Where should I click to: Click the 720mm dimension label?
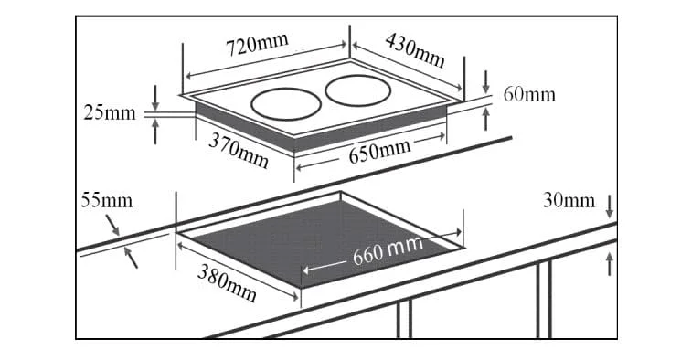pyautogui.click(x=257, y=44)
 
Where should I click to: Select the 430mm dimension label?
pyautogui.click(x=415, y=50)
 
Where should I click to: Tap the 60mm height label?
pyautogui.click(x=529, y=94)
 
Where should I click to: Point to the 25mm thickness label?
pyautogui.click(x=110, y=113)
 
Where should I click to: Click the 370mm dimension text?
pyautogui.click(x=239, y=150)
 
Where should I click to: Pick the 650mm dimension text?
pyautogui.click(x=379, y=151)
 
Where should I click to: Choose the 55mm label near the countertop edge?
pyautogui.click(x=106, y=201)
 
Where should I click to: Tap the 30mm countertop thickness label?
pyautogui.click(x=569, y=201)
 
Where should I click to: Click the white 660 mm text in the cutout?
pyautogui.click(x=388, y=250)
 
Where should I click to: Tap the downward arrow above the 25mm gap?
pyautogui.click(x=155, y=98)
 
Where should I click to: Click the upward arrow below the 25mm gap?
pyautogui.click(x=155, y=132)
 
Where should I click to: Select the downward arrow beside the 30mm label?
pyautogui.click(x=610, y=206)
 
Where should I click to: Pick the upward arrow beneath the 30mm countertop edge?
pyautogui.click(x=610, y=264)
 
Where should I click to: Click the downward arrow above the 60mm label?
pyautogui.click(x=486, y=82)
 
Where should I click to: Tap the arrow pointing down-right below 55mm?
pyautogui.click(x=112, y=225)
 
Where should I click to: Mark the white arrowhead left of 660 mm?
pyautogui.click(x=306, y=270)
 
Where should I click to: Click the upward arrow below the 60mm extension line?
pyautogui.click(x=486, y=119)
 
